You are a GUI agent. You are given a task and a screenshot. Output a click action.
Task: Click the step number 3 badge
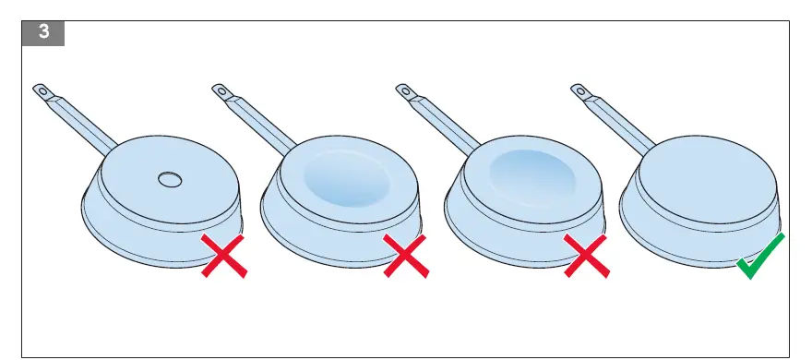(42, 32)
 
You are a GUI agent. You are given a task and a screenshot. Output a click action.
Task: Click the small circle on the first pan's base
(170, 180)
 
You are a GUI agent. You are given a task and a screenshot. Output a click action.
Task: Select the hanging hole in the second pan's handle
(221, 90)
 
